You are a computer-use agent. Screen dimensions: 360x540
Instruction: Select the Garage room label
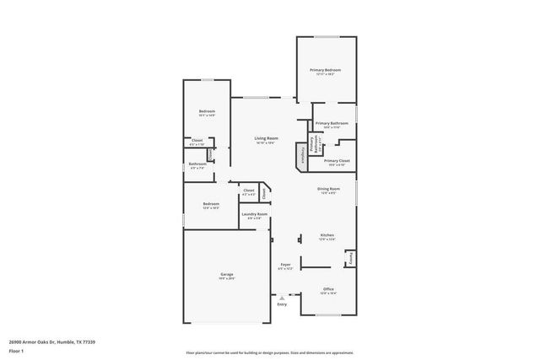227,274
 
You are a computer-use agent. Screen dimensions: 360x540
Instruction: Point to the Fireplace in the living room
298,154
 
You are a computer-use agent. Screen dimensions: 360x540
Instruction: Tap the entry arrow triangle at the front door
282,297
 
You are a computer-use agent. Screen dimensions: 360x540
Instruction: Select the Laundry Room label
254,215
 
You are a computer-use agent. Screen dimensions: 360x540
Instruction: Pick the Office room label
328,290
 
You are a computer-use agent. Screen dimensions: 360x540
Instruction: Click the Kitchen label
327,237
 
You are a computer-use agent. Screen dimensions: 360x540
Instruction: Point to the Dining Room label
328,190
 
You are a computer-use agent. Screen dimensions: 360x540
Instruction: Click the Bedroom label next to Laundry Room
211,205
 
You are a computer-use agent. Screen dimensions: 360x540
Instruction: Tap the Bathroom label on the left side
197,165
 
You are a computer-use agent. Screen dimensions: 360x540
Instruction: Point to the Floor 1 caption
16,351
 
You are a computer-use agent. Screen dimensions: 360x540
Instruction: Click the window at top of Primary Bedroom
327,38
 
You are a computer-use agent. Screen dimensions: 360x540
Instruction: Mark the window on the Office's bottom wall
328,314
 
